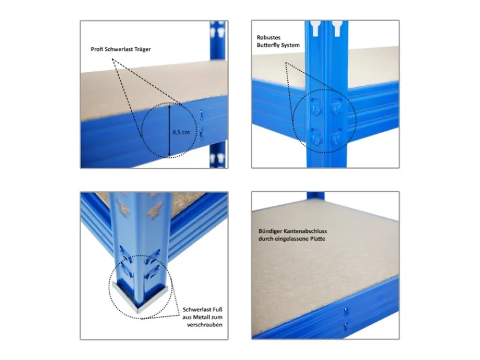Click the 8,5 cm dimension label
[x=181, y=132]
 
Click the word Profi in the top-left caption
[x=97, y=49]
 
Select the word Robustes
[x=268, y=38]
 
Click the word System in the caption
[x=291, y=46]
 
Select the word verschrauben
[x=205, y=325]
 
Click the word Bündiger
[x=269, y=232]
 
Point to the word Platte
[x=317, y=239]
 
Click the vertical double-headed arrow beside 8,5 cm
[x=169, y=131]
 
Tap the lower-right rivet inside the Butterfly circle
[x=336, y=137]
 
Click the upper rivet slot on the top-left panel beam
[x=201, y=115]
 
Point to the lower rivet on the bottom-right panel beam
[x=346, y=326]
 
